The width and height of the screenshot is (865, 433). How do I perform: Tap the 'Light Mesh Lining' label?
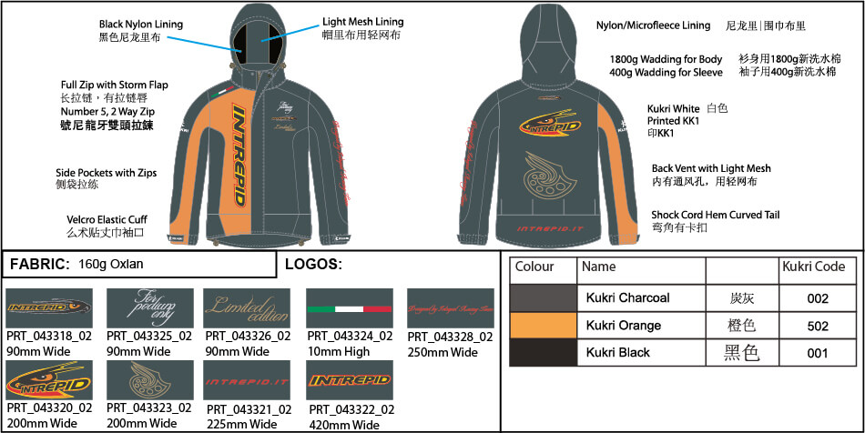click(x=362, y=22)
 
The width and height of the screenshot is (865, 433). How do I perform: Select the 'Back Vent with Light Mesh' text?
click(x=711, y=168)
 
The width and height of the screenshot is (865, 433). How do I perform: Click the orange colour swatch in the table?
click(x=544, y=325)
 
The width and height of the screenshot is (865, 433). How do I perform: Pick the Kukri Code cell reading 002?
click(x=817, y=297)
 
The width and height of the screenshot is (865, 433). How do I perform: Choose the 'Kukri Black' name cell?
click(x=617, y=352)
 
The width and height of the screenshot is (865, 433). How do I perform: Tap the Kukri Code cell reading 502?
click(x=817, y=325)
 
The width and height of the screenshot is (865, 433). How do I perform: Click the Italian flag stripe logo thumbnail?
click(x=350, y=309)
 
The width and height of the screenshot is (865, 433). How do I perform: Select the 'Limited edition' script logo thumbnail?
click(x=247, y=309)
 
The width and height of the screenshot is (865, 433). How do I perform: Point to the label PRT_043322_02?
click(x=351, y=410)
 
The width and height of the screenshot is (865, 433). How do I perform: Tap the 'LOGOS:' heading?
click(x=312, y=265)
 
